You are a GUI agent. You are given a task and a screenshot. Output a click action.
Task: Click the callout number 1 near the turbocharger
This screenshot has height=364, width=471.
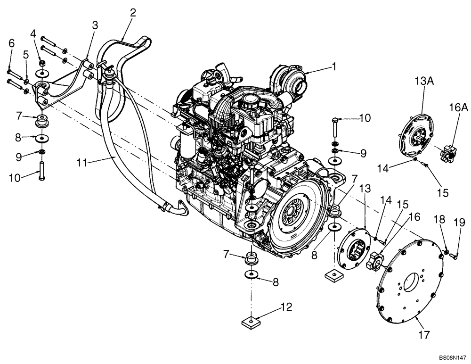(335, 67)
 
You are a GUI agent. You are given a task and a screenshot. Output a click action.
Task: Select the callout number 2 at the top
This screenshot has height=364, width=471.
(133, 13)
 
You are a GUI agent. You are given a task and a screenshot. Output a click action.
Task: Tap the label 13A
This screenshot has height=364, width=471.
(424, 81)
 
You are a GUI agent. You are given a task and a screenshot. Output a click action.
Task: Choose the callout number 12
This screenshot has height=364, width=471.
(286, 307)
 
